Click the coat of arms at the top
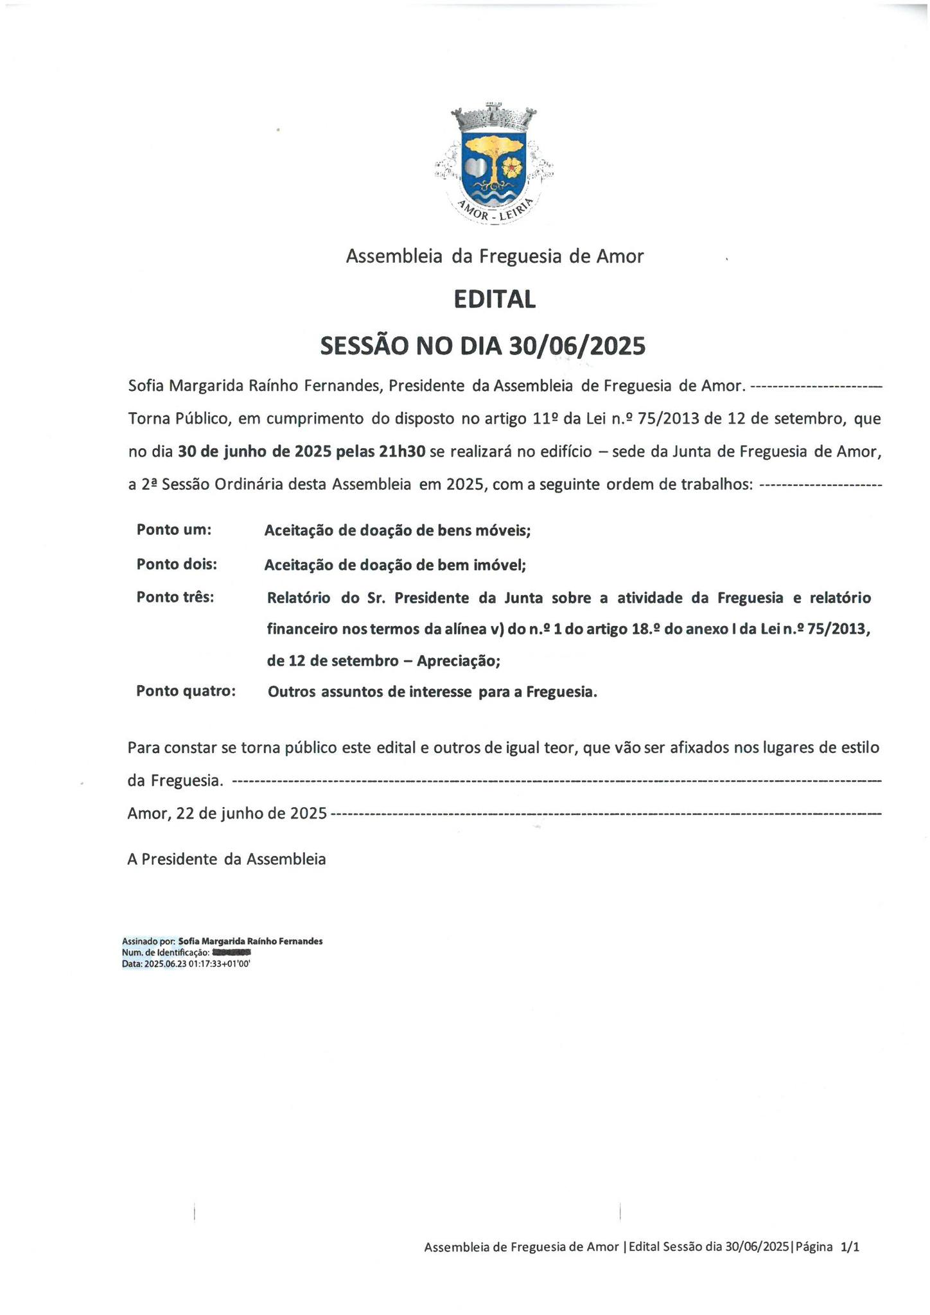494,163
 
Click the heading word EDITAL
494,299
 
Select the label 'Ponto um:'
174,530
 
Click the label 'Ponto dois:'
177,564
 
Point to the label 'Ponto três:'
175,597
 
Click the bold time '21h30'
402,451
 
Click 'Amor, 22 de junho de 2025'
227,813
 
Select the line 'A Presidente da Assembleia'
226,859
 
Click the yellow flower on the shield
512,168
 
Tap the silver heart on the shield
476,168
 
